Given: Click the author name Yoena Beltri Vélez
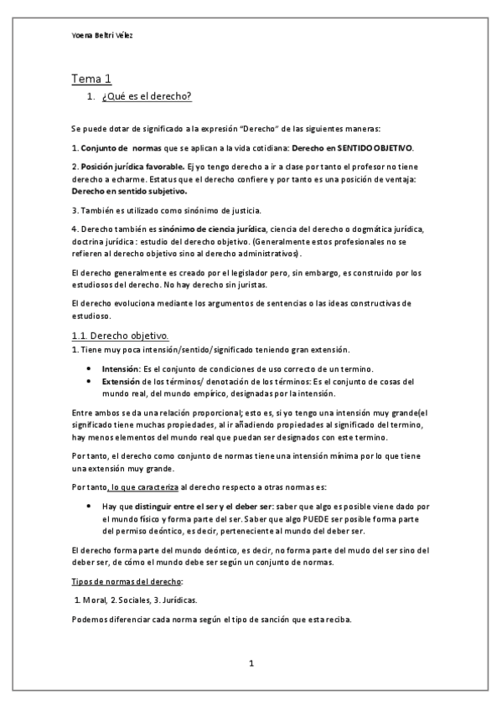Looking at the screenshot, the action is (102, 38).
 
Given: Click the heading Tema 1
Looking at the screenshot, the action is (91, 80).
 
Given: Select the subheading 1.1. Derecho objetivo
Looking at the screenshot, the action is (121, 336).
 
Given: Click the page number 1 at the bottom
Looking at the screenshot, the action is (251, 664).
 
